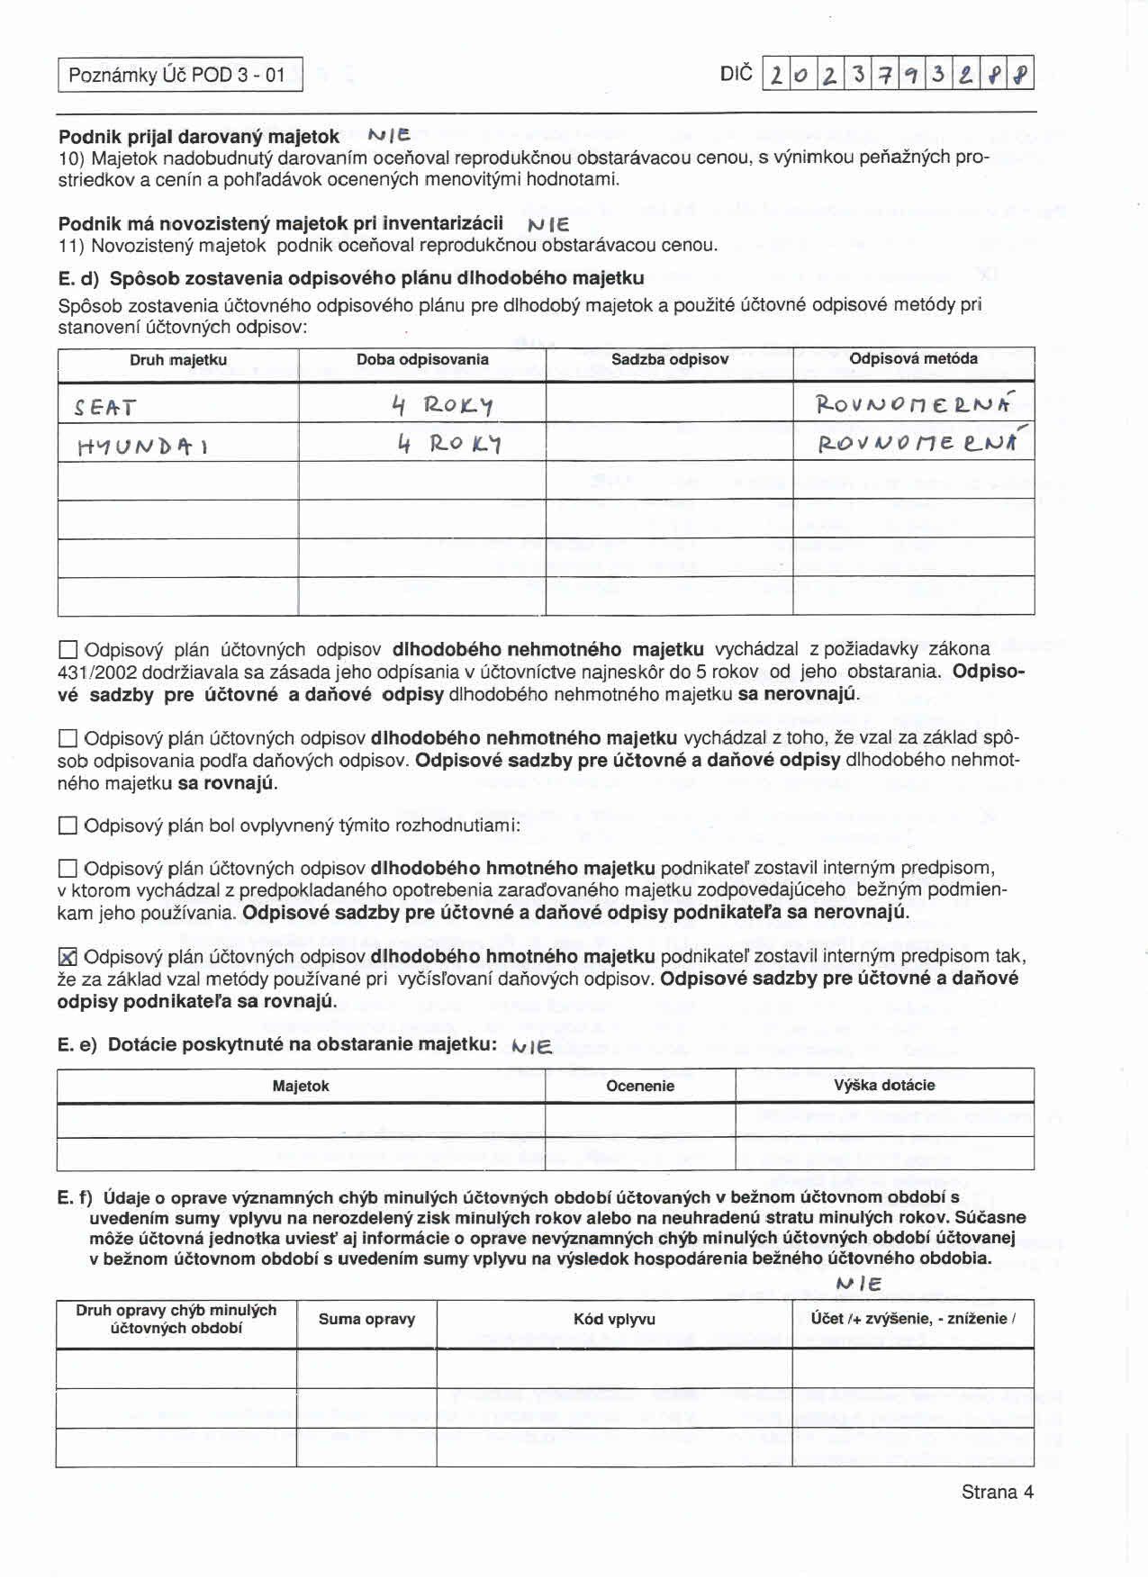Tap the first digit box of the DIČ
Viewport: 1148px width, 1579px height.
775,74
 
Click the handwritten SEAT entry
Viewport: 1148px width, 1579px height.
104,408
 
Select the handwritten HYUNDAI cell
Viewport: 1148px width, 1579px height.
143,446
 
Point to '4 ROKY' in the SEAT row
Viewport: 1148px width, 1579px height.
441,407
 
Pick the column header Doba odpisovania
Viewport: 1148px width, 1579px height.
422,360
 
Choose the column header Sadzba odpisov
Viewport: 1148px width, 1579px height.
670,359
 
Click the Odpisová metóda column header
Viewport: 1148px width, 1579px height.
913,358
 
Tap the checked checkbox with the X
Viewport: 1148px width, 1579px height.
68,957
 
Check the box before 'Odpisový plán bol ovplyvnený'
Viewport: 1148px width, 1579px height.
68,826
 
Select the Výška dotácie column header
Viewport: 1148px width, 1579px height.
884,1085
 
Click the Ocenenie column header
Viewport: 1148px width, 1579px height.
639,1086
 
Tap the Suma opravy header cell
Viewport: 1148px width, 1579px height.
366,1320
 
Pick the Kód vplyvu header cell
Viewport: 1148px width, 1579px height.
614,1320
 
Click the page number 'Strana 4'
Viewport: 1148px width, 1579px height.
997,1492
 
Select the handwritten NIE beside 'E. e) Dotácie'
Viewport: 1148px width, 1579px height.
530,1045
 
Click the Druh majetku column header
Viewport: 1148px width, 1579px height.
178,360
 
